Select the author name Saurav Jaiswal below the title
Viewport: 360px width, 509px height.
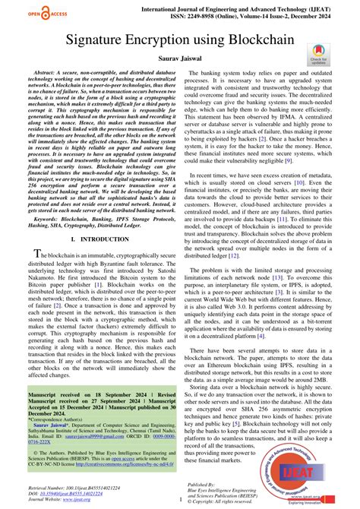[180, 60]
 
